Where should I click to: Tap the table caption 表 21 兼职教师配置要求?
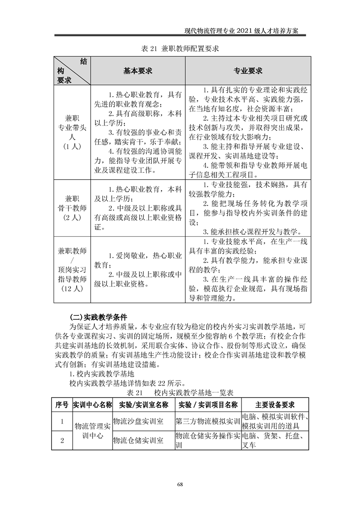pyautogui.click(x=180, y=49)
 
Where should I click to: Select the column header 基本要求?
pyautogui.click(x=138, y=71)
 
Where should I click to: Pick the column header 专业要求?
pyautogui.click(x=248, y=71)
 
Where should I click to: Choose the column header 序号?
pyautogui.click(x=62, y=405)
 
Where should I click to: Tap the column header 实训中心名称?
pyautogui.click(x=92, y=405)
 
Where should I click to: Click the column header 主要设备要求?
pyautogui.click(x=275, y=405)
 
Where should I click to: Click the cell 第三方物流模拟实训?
pyautogui.click(x=207, y=421)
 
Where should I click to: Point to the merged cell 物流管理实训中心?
pyautogui.click(x=92, y=431)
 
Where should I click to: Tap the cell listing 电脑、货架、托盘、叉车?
pyautogui.click(x=275, y=440)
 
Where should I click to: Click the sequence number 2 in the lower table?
pyautogui.click(x=62, y=440)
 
